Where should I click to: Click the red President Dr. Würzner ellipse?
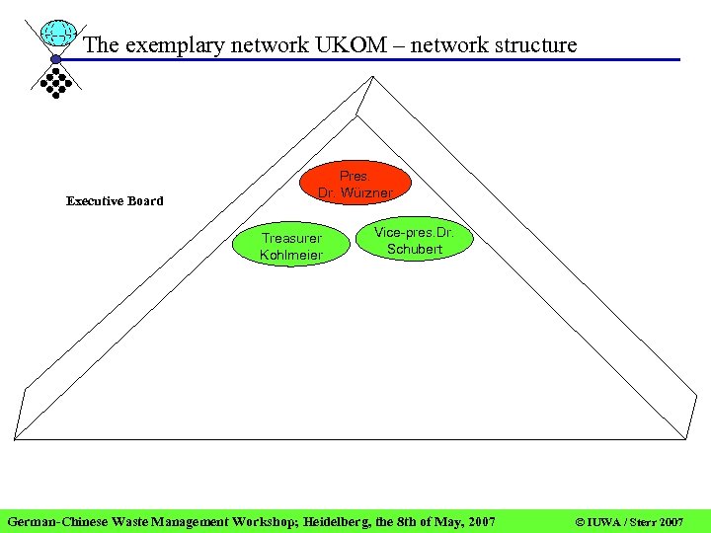(355, 184)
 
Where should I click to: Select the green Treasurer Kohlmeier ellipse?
(291, 247)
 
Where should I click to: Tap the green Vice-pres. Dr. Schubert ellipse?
(414, 241)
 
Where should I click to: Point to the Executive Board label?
(115, 201)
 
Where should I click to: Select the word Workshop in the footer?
(258, 520)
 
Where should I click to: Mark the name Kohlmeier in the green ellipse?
(291, 256)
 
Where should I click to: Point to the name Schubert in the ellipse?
(415, 250)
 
